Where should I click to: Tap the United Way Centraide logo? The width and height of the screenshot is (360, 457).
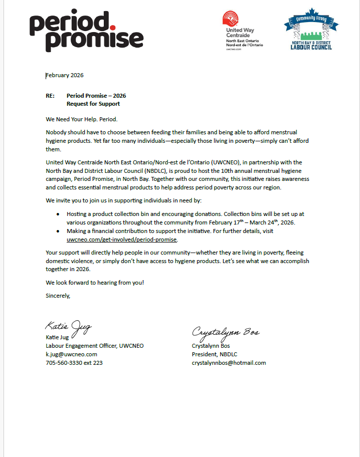[x=242, y=31]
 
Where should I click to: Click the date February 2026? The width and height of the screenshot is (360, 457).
[x=65, y=76]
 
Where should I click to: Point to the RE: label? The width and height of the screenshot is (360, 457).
[x=50, y=96]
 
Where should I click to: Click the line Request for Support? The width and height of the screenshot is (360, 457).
[x=93, y=104]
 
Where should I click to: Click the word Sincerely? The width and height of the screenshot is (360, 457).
[x=58, y=295]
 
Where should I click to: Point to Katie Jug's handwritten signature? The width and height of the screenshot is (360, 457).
[x=68, y=328]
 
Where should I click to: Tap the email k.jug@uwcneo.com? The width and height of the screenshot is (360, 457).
[x=72, y=354]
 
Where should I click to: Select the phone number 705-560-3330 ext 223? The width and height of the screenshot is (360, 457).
[x=74, y=363]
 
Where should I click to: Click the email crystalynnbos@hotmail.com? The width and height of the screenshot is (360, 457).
[x=229, y=363]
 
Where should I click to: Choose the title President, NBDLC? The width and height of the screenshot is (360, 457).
[x=215, y=354]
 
